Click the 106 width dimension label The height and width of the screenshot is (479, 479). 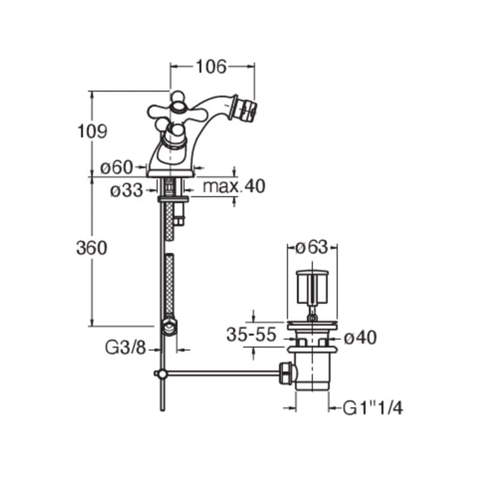tap(211, 66)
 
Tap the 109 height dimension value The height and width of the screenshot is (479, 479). tap(92, 131)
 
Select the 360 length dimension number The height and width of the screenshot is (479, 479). tap(92, 248)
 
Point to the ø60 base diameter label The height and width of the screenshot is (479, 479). tap(117, 168)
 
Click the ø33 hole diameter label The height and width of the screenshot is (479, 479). tap(126, 190)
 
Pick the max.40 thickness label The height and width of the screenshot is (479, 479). tap(234, 186)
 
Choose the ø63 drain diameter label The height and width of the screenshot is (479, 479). tap(311, 247)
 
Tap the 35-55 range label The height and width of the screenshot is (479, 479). tap(251, 335)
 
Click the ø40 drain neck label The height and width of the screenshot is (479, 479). tap(360, 338)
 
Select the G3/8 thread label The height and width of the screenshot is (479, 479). tap(126, 348)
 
